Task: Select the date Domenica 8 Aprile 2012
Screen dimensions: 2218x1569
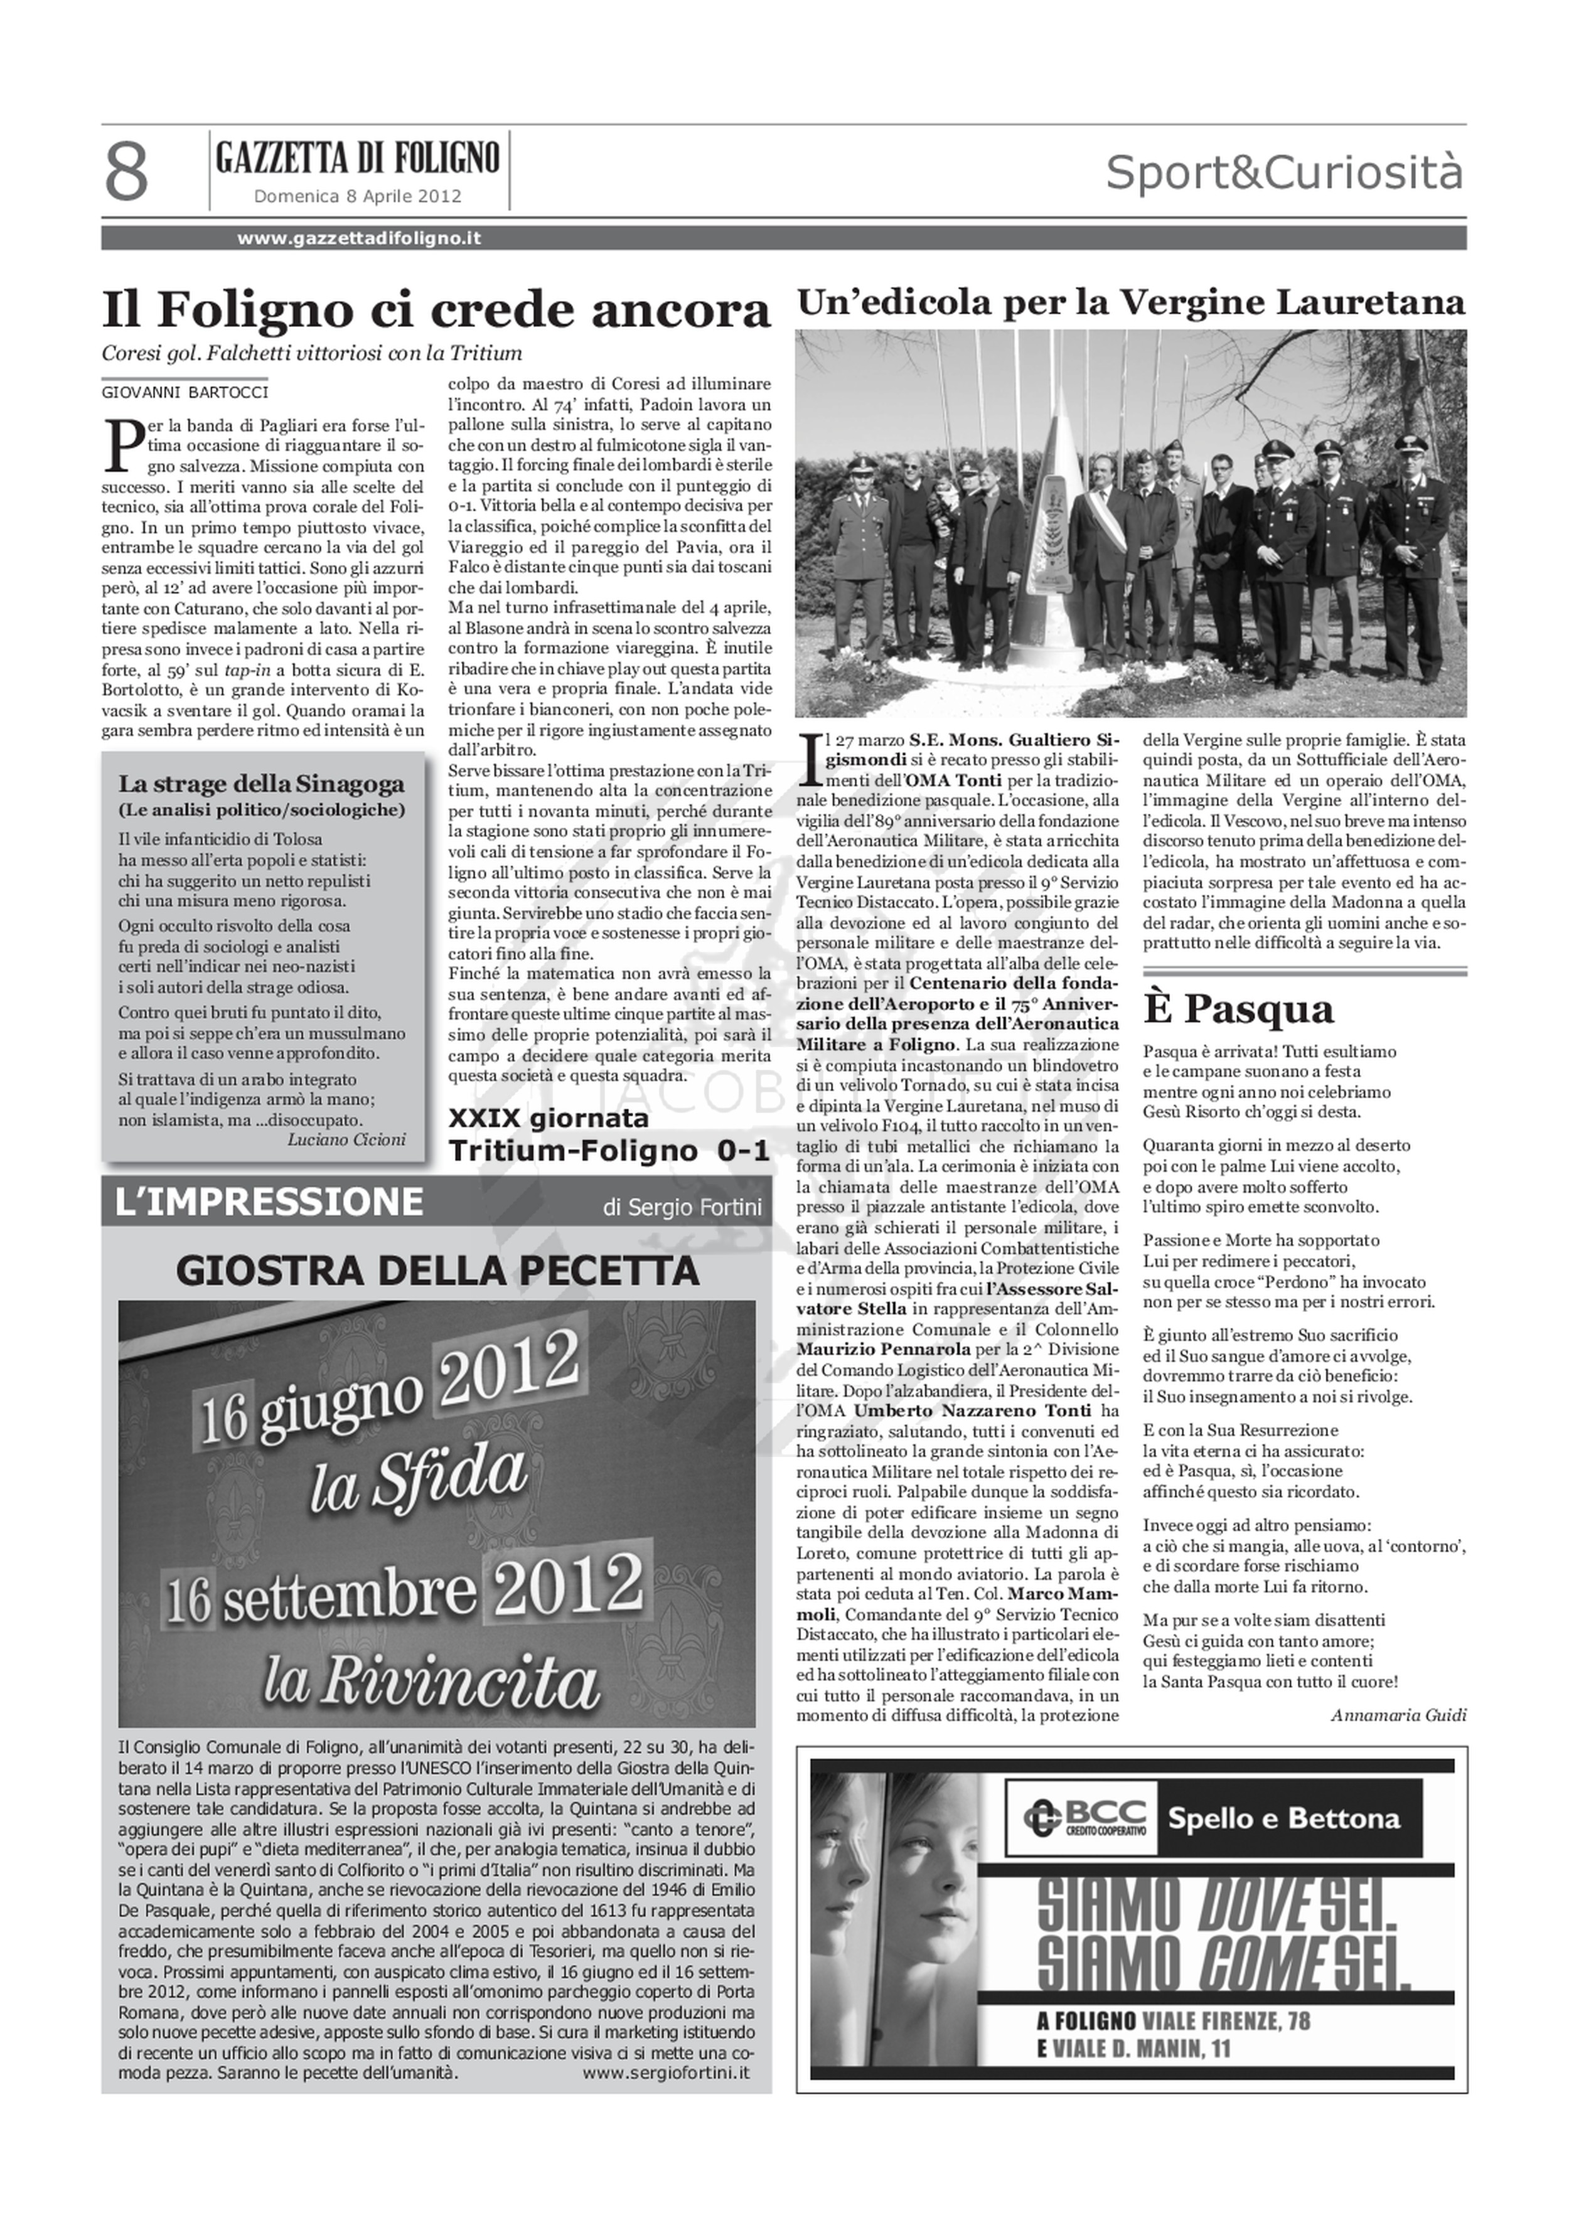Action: (358, 196)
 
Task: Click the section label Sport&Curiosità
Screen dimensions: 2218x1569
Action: (1284, 174)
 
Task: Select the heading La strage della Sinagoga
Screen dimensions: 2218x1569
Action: (261, 784)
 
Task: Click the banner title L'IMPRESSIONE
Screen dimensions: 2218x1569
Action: (269, 1202)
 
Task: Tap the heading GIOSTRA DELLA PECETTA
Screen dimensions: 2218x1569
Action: (437, 1271)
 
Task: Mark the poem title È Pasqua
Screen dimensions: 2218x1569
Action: (1239, 1010)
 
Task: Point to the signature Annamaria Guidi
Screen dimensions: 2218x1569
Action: (1398, 1715)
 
